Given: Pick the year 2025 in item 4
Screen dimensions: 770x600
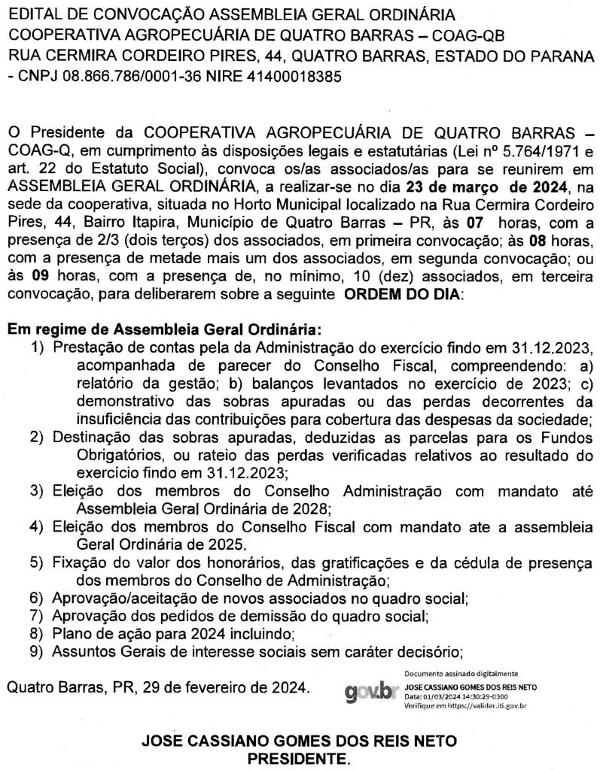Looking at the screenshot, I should click(227, 544).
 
